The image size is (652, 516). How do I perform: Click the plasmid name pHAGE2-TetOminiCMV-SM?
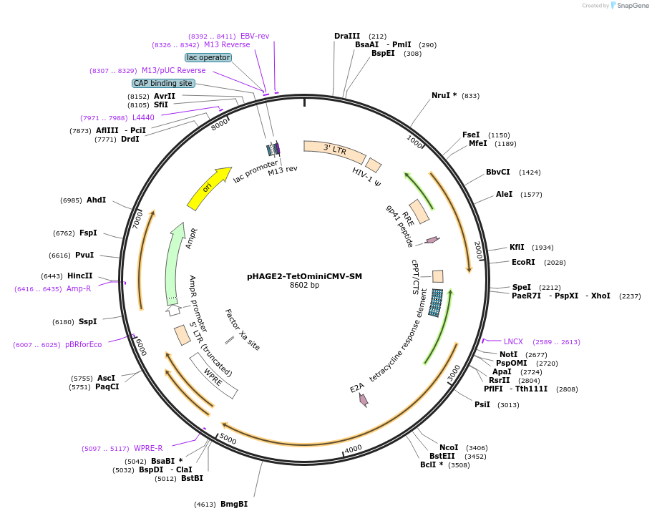pyautogui.click(x=304, y=276)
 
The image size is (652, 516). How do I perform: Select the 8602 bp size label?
pyautogui.click(x=304, y=285)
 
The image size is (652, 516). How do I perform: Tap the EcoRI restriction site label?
pyautogui.click(x=523, y=262)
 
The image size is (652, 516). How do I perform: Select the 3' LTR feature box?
pyautogui.click(x=334, y=150)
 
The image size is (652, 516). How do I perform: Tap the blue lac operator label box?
pyautogui.click(x=208, y=57)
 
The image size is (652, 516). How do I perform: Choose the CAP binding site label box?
pyautogui.click(x=163, y=83)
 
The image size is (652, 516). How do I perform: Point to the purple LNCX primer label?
pyautogui.click(x=513, y=341)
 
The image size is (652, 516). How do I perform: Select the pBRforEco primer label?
pyautogui.click(x=83, y=344)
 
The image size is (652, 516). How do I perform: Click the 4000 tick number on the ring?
pyautogui.click(x=354, y=449)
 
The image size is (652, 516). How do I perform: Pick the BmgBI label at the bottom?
pyautogui.click(x=234, y=504)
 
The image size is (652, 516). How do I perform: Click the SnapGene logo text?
pyautogui.click(x=631, y=6)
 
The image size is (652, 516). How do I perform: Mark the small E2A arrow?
pyautogui.click(x=363, y=399)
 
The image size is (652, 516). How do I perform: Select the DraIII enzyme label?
pyautogui.click(x=347, y=36)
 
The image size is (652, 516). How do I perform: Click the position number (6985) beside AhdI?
pyautogui.click(x=71, y=200)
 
